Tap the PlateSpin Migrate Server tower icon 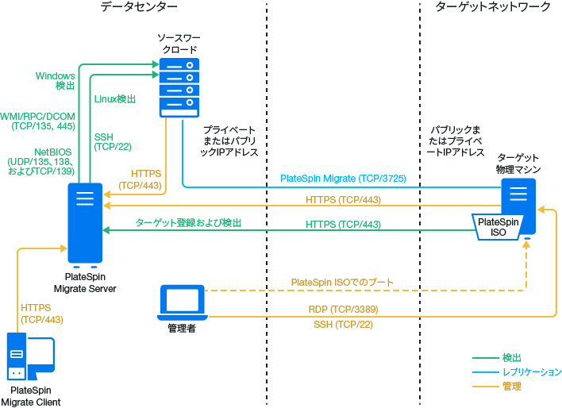point(85,223)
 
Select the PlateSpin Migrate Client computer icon point(29,358)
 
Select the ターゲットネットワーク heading point(493,7)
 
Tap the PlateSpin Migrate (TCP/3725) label point(343,179)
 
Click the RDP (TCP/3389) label point(343,310)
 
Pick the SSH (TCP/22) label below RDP point(343,325)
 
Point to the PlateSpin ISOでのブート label point(342,283)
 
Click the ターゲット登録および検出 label point(187,224)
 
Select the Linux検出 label point(115,99)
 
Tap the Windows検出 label point(56,80)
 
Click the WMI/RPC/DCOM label point(38,121)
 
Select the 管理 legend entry point(512,387)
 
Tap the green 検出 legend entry point(512,358)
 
